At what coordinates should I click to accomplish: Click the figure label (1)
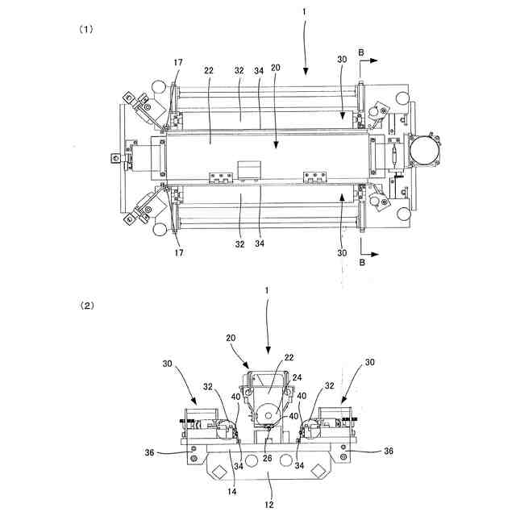point(86,29)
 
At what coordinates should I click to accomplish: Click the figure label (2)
point(87,306)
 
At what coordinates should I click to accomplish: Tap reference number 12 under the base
point(268,505)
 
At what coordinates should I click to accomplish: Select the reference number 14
point(231,492)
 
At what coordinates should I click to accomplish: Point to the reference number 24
point(297,377)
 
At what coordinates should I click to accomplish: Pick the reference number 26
point(267,458)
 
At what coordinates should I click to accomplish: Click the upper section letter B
point(361,52)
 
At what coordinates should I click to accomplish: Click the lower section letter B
point(362,262)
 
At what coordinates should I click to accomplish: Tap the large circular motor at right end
point(424,151)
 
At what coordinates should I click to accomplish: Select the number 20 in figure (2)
point(231,338)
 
